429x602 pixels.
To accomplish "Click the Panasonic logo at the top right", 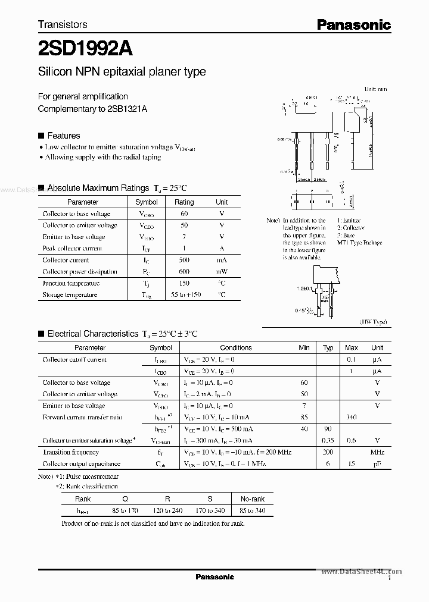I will (353, 24).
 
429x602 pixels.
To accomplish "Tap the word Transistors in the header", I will (63, 24).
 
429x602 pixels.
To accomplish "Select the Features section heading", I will (63, 136).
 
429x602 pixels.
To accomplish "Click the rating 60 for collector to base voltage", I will (184, 214).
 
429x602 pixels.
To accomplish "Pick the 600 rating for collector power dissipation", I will (184, 271).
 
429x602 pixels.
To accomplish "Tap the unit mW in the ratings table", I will (222, 271).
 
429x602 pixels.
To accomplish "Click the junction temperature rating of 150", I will (184, 283).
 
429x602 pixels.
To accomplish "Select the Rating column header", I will (184, 202).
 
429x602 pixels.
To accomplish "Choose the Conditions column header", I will (236, 348).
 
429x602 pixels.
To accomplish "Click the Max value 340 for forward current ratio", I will (351, 418).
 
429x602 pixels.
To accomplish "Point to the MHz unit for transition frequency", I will (377, 452).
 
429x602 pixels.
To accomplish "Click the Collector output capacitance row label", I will (81, 464).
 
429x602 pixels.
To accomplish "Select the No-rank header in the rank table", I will (252, 499).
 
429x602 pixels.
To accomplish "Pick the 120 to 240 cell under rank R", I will (167, 510).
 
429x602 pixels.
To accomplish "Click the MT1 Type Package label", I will (359, 243).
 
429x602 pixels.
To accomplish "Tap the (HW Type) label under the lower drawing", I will (374, 322).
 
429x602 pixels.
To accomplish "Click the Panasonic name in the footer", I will (214, 577).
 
